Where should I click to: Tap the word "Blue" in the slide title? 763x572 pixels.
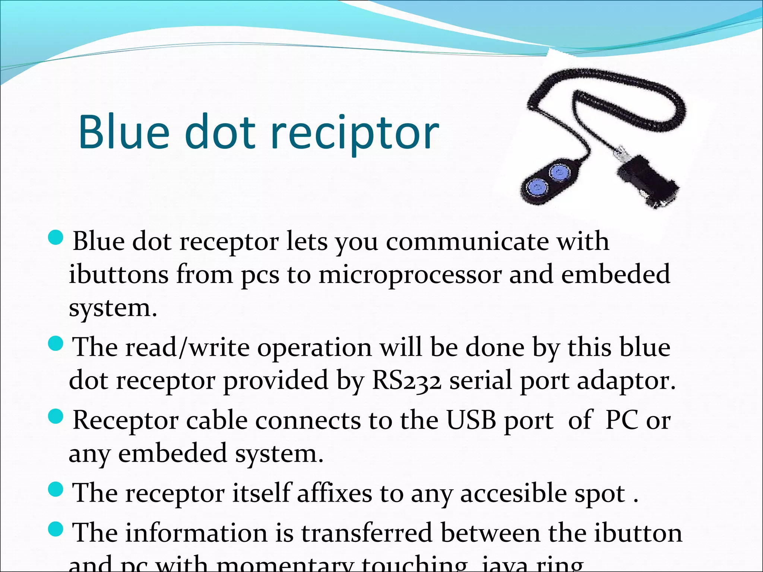tap(124, 133)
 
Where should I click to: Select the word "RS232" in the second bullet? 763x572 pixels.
tap(407, 381)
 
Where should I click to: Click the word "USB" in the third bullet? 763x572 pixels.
tap(471, 420)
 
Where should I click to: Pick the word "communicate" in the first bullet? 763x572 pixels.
tap(467, 242)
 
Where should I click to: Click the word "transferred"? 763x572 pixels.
tap(367, 533)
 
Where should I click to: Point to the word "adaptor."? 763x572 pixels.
tap(626, 381)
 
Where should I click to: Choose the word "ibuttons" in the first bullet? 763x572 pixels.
tap(118, 275)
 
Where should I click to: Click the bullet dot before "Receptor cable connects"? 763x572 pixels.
tap(56, 417)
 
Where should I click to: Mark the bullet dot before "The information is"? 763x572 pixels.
tap(56, 529)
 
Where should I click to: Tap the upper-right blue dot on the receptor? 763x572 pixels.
tap(560, 172)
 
